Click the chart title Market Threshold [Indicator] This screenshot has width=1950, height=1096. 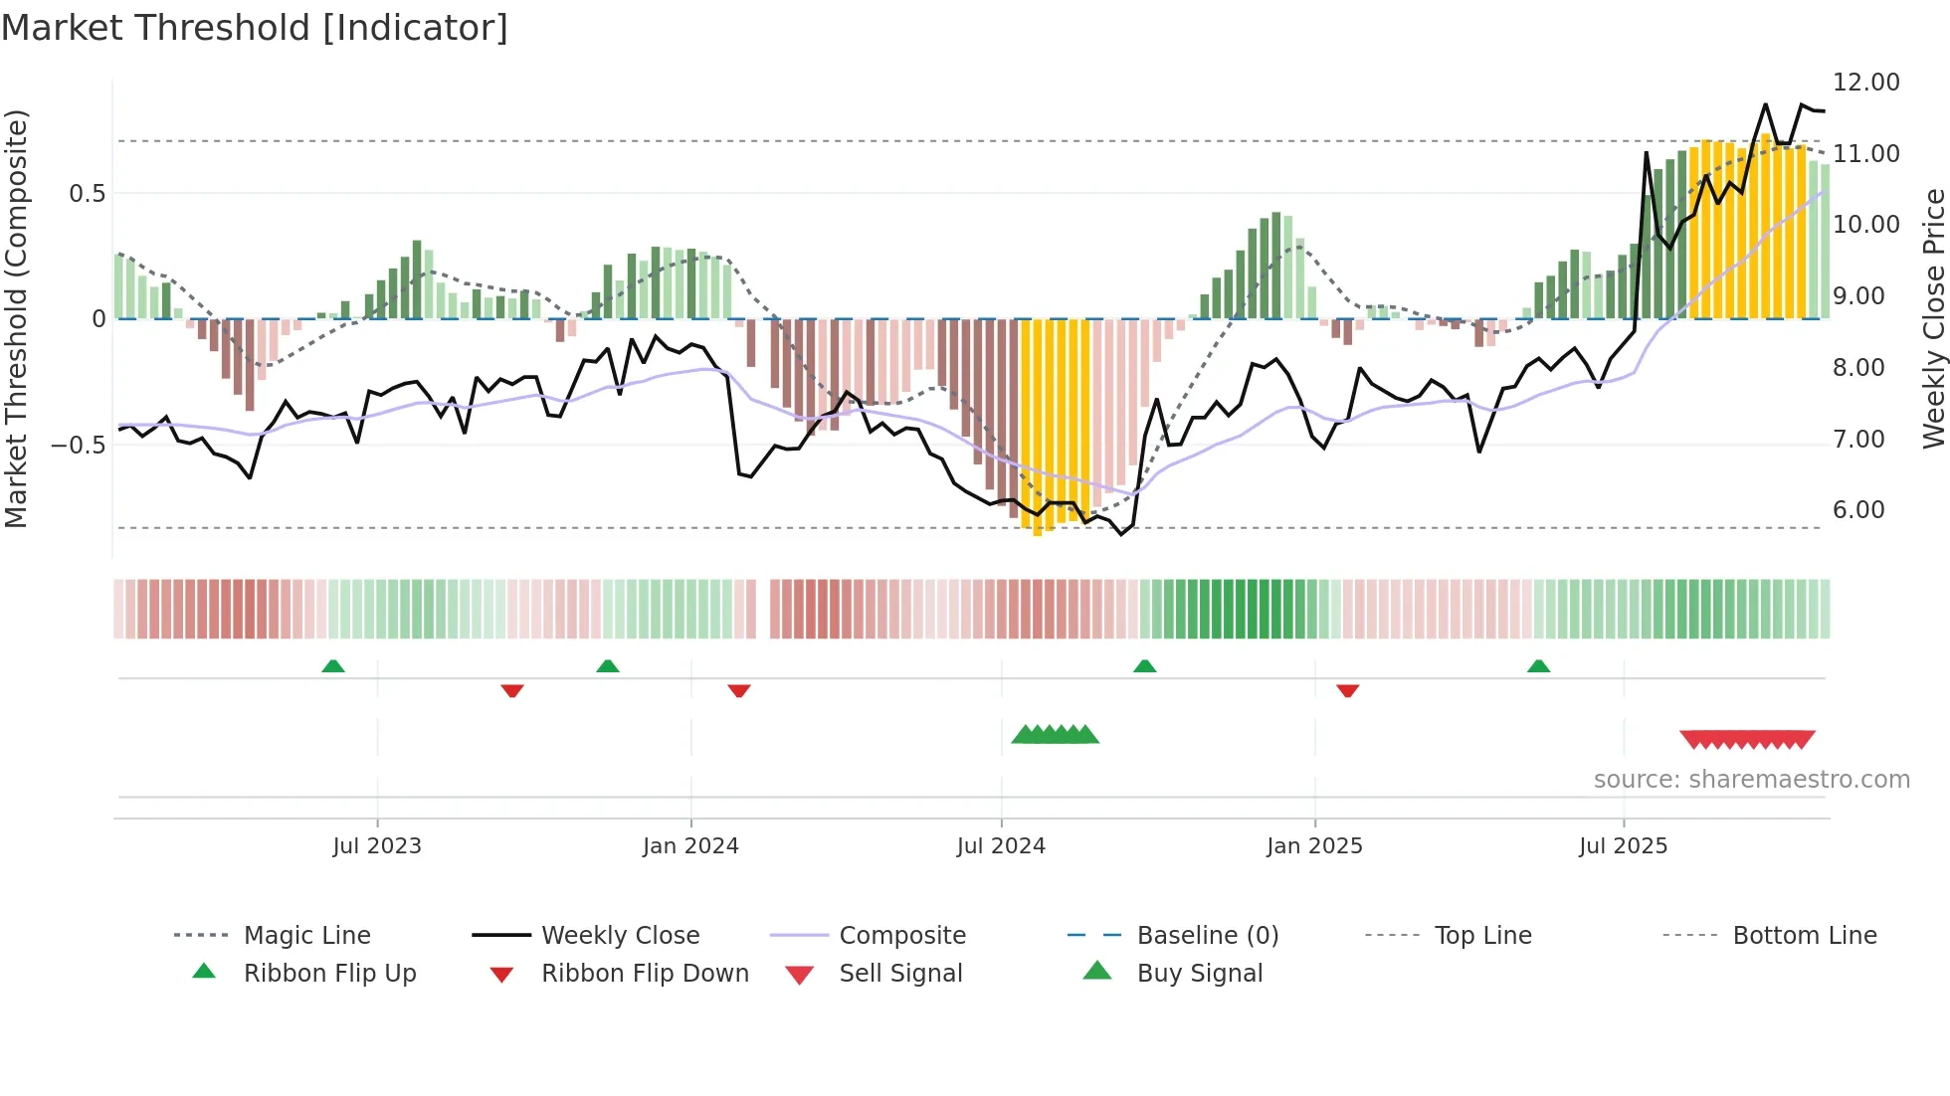pyautogui.click(x=255, y=28)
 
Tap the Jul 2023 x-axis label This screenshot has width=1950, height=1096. pyautogui.click(x=377, y=846)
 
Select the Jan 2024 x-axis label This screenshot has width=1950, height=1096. pyautogui.click(x=690, y=846)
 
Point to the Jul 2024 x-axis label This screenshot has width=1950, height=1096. pyautogui.click(x=1001, y=846)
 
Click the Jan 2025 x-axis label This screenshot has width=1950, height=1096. pyautogui.click(x=1314, y=846)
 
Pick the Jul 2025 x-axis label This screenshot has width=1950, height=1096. pyautogui.click(x=1623, y=846)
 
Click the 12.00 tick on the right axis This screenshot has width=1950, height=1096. pyautogui.click(x=1865, y=83)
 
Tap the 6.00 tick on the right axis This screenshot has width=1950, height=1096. pyautogui.click(x=1858, y=510)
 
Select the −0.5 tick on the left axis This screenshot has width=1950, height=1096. pyautogui.click(x=79, y=445)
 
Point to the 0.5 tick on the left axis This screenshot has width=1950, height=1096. pyautogui.click(x=87, y=194)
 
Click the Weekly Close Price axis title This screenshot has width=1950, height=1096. pyautogui.click(x=1933, y=318)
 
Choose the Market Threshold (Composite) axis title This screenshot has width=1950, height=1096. pyautogui.click(x=16, y=318)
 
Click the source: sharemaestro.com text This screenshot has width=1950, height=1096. pyautogui.click(x=1751, y=780)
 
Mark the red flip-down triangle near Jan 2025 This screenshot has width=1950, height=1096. pyautogui.click(x=1347, y=690)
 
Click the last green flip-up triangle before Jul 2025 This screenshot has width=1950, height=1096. pyautogui.click(x=1538, y=666)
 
